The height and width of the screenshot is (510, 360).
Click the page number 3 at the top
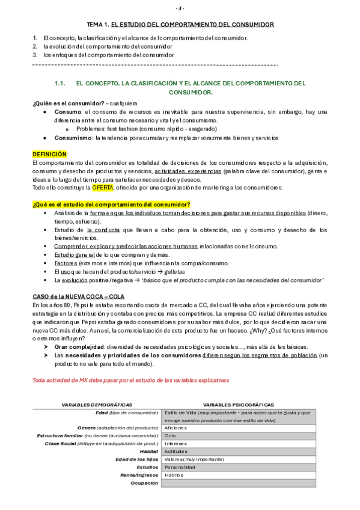click(180, 8)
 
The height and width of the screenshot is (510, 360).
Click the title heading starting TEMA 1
click(180, 25)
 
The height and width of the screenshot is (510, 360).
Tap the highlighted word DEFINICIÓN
click(50, 155)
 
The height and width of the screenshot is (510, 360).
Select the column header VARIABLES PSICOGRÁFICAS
click(238, 405)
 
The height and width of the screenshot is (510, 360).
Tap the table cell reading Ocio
click(170, 435)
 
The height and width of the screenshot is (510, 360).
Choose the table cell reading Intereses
click(174, 443)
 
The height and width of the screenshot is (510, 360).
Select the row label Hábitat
click(148, 451)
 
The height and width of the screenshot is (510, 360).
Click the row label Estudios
click(147, 467)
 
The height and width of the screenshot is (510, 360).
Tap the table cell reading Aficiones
click(175, 428)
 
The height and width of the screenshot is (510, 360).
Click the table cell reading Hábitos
click(173, 475)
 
